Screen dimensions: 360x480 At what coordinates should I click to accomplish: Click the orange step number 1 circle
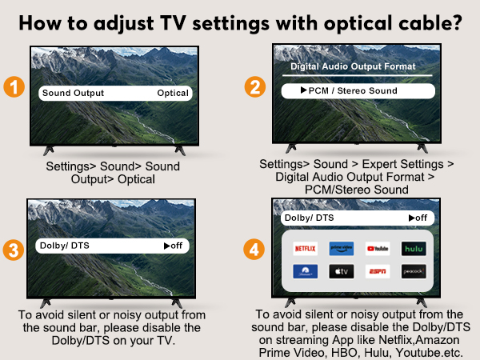pos(14,87)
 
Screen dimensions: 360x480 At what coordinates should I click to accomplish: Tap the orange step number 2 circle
pos(256,88)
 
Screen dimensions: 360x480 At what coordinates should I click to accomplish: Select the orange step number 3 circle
pos(14,249)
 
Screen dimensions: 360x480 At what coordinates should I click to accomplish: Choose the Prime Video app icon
pos(341,249)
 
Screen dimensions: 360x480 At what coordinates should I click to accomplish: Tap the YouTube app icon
pos(377,249)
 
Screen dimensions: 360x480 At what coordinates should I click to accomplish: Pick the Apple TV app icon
pos(341,272)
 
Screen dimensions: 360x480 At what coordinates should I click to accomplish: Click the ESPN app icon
pos(377,272)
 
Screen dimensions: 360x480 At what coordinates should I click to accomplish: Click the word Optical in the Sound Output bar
pos(173,93)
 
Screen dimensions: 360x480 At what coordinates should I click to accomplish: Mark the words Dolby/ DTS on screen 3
pos(63,246)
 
